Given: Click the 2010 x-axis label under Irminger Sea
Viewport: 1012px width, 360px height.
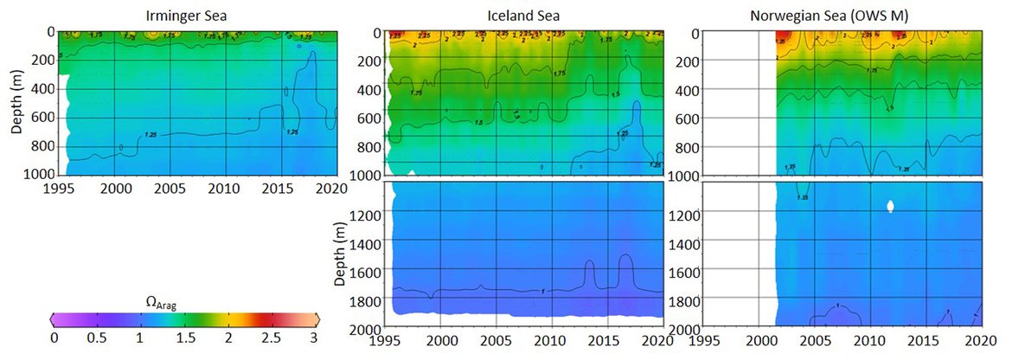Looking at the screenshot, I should click(x=222, y=187).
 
